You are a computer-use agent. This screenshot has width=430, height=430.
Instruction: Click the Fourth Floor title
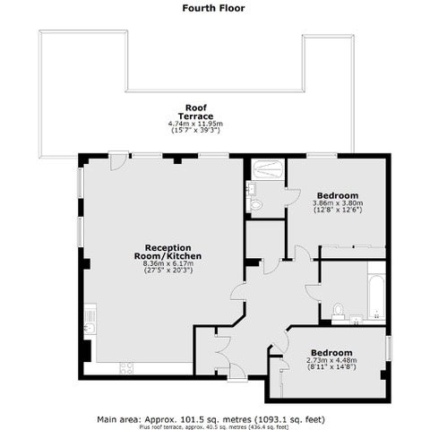[213, 8]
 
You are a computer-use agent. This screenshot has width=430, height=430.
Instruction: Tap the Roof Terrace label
[195, 112]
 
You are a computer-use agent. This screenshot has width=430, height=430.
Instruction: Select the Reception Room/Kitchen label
[168, 252]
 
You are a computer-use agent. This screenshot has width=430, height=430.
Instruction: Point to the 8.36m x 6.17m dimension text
[168, 263]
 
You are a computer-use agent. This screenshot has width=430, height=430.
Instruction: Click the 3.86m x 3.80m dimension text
[338, 203]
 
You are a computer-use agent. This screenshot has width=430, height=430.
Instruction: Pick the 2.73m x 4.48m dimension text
[331, 360]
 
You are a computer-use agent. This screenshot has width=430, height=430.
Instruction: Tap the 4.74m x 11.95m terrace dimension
[195, 124]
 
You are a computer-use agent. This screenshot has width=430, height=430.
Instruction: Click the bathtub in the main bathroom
[376, 298]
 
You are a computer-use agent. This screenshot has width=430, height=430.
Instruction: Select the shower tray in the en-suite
[268, 170]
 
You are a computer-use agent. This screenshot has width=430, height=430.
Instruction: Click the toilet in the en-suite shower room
[254, 205]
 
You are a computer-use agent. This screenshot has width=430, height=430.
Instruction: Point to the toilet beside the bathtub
[338, 310]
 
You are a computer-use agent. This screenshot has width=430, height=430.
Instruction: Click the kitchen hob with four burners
[126, 368]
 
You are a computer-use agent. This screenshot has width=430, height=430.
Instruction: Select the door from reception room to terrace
[118, 160]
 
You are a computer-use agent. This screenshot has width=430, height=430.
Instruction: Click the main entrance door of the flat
[237, 373]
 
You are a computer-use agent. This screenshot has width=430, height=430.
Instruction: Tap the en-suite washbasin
[251, 188]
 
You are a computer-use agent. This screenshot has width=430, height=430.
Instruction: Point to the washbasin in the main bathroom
[356, 320]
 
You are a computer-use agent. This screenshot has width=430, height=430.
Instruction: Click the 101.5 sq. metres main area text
[211, 419]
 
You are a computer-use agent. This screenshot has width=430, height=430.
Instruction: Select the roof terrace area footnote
[214, 427]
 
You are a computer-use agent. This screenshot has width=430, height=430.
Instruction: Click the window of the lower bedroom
[389, 348]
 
